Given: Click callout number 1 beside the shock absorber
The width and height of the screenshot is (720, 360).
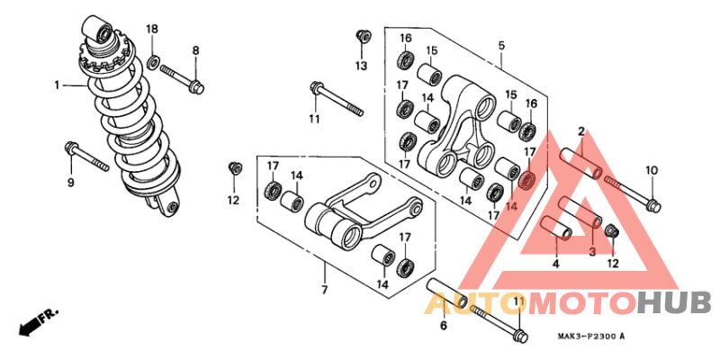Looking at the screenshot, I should coord(56,85).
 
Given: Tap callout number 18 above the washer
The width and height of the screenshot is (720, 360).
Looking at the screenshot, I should coord(152,30).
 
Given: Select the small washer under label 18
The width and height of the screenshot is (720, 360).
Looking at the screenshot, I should coord(154,62).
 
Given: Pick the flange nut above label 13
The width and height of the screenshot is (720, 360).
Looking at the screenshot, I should coord(362,36).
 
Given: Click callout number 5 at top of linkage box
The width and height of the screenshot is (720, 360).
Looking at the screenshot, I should coord(501,45).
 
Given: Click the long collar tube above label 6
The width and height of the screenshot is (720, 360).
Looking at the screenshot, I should coord(446,294).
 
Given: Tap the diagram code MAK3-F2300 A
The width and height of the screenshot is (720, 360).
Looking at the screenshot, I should coord(585,337).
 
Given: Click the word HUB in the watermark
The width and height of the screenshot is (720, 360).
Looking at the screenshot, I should coord(674,302).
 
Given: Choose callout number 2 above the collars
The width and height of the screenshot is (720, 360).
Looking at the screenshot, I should coord(581,132).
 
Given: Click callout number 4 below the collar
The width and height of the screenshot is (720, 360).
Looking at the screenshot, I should coord(555,264).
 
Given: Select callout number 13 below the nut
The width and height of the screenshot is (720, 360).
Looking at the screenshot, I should coord(361,67).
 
